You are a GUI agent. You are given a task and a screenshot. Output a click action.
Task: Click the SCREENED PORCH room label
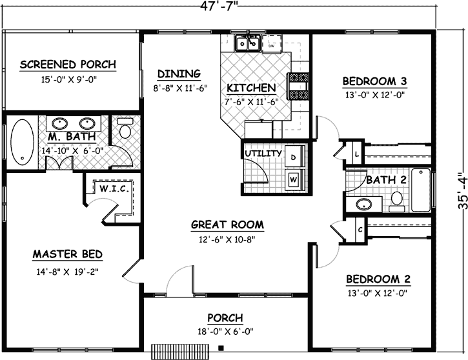[68, 65]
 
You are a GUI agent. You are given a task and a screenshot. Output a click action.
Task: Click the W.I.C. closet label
[115, 189]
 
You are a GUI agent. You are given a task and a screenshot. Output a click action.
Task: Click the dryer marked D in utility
[294, 157]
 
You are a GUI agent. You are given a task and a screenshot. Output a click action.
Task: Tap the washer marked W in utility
[294, 178]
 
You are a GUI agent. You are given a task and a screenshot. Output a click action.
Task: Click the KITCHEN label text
[251, 88]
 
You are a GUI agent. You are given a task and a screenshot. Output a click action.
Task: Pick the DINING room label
[179, 74]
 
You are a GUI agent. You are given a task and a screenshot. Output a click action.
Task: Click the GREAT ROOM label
[227, 225]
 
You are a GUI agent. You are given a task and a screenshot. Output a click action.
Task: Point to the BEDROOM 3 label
[374, 81]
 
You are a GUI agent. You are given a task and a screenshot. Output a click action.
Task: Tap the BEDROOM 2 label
[378, 279]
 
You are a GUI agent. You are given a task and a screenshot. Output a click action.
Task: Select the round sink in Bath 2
[363, 205]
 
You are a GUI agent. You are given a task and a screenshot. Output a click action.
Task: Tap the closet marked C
[360, 228]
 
